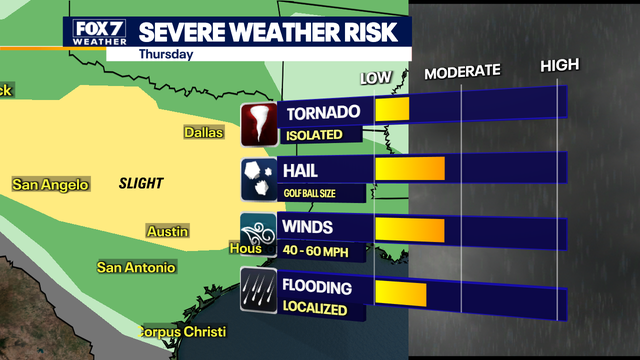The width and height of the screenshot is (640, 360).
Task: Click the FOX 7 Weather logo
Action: (x=98, y=32)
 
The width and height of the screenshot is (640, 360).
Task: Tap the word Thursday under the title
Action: (x=166, y=54)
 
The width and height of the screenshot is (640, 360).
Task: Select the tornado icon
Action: (x=258, y=123)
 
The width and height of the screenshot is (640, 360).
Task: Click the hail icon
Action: (x=258, y=177)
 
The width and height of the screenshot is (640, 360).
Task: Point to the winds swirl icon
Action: (x=258, y=234)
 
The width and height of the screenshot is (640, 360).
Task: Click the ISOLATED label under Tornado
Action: (x=315, y=135)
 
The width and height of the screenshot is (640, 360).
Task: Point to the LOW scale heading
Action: (x=376, y=78)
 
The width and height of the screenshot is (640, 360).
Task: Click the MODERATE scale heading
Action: (x=461, y=72)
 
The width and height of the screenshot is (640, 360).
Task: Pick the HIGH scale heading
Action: (x=559, y=67)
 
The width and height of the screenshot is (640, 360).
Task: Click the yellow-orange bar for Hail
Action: (x=409, y=168)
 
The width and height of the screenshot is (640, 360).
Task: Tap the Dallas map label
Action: (x=204, y=132)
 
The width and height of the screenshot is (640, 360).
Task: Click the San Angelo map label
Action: (x=50, y=184)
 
